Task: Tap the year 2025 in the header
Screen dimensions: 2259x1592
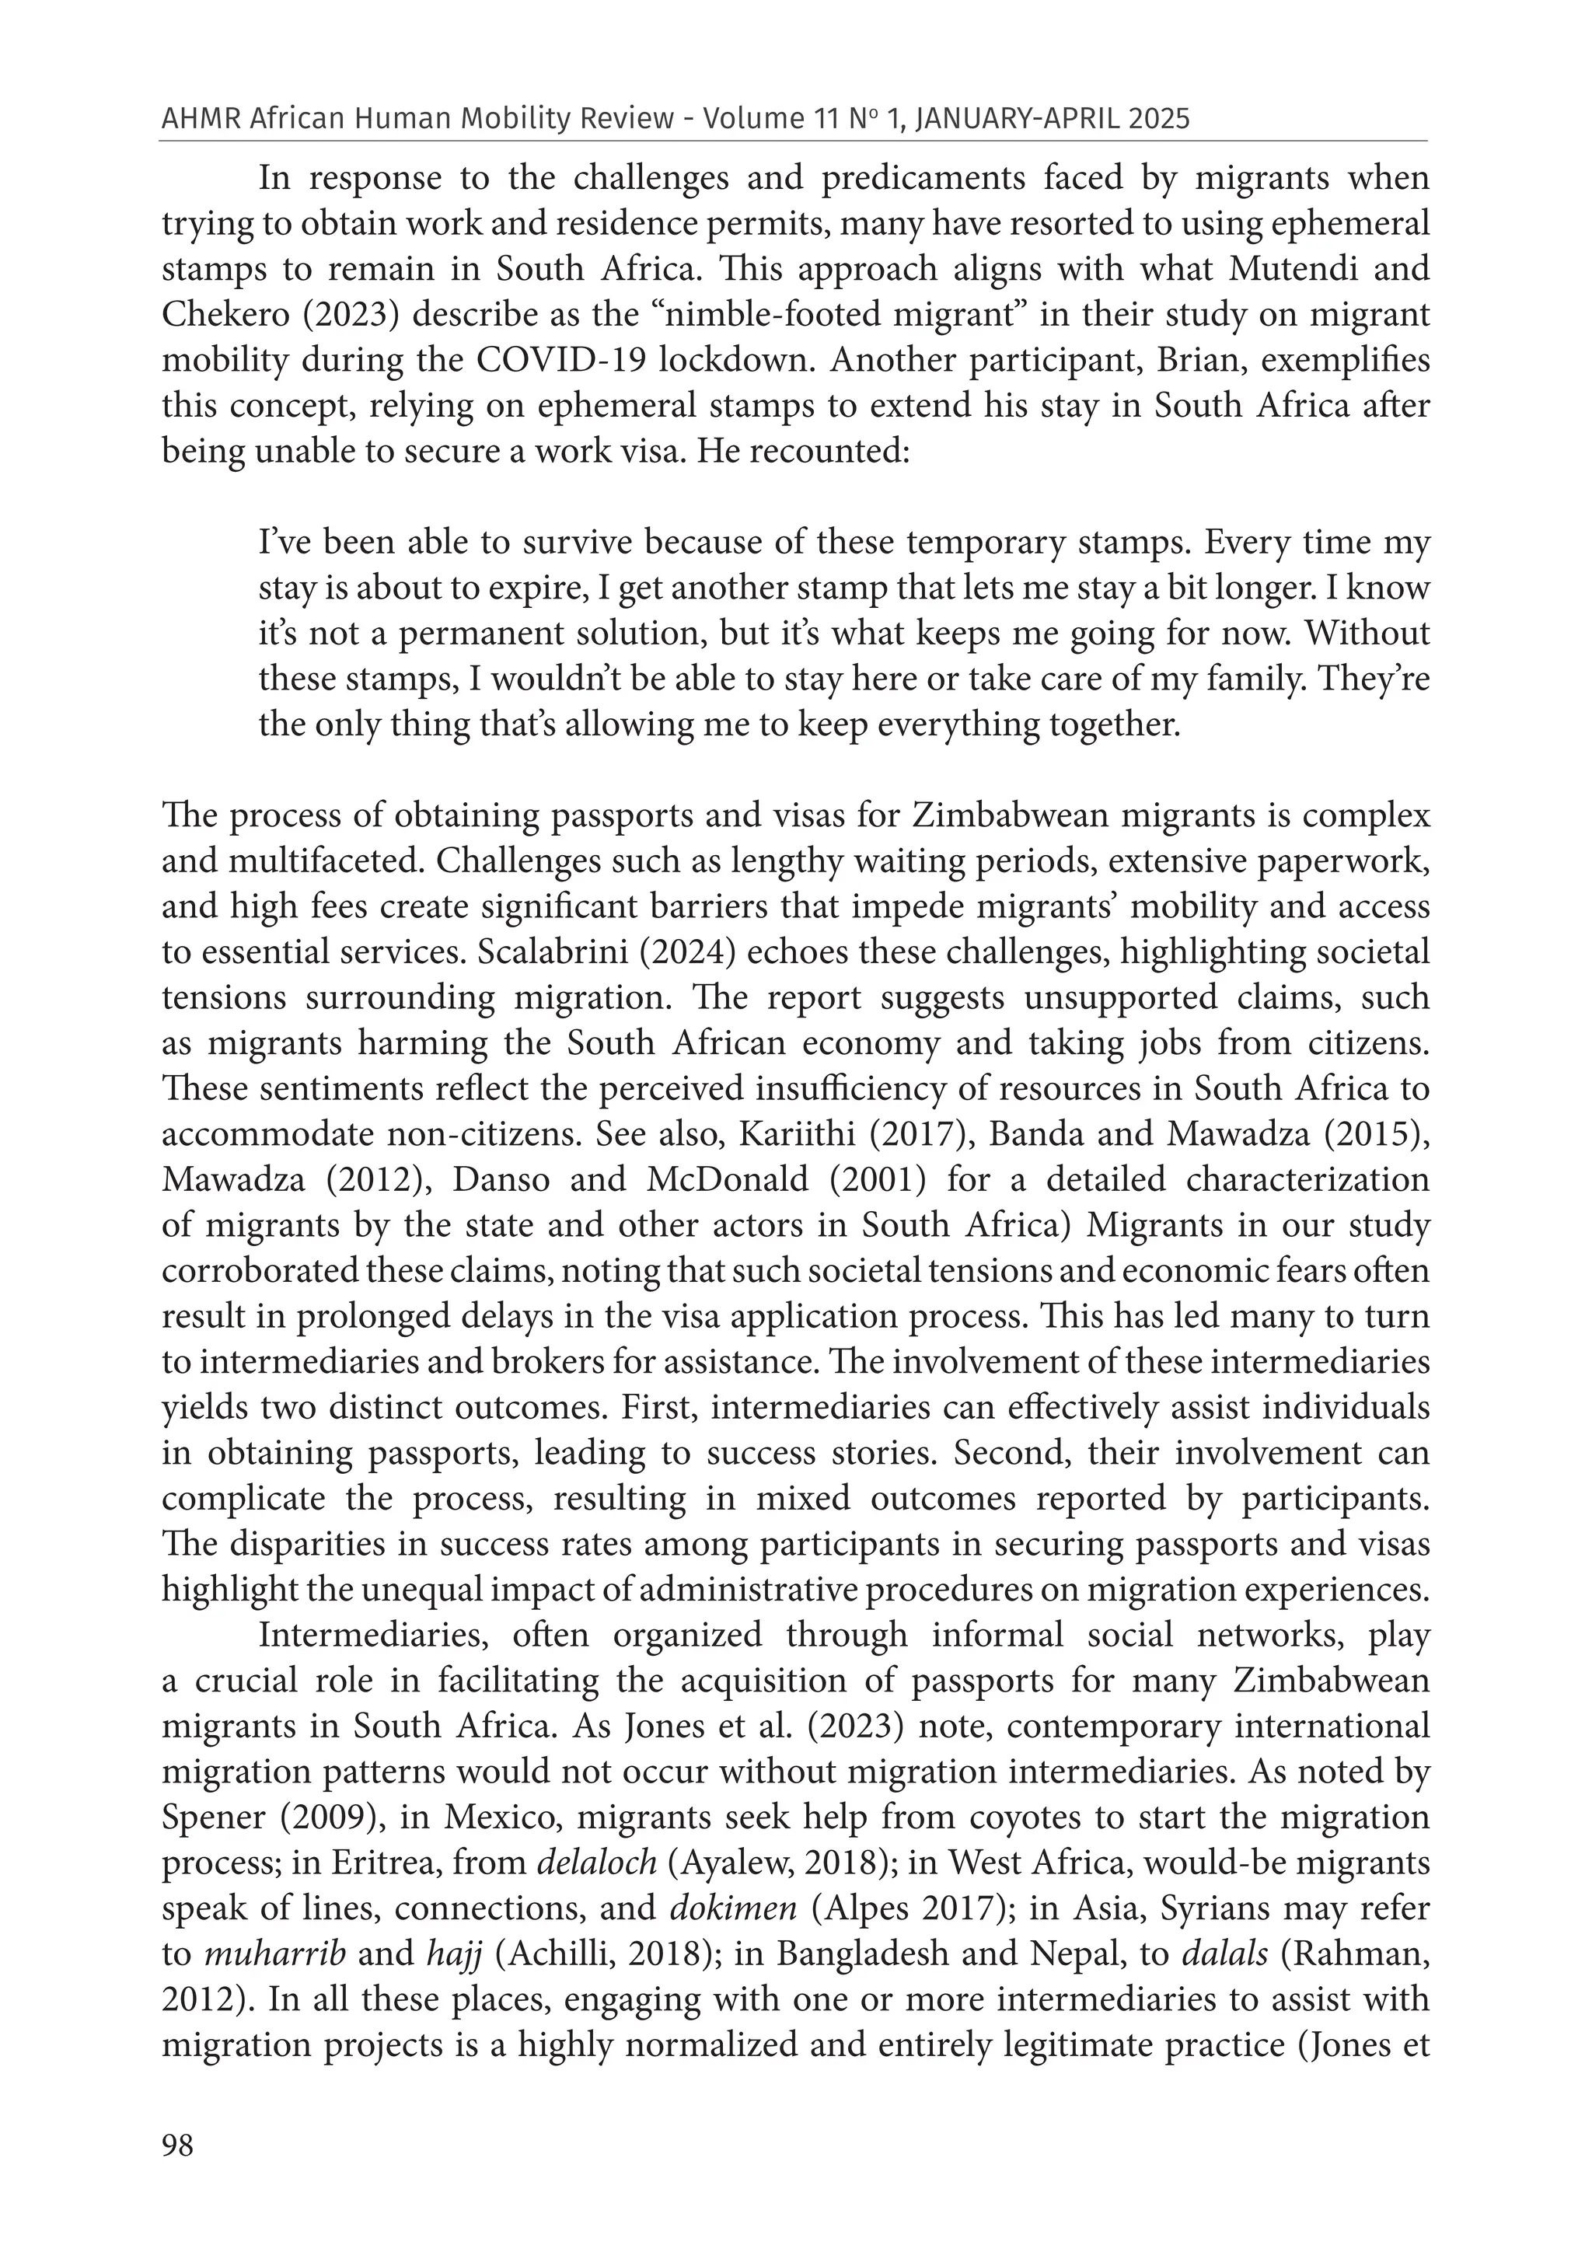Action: [x=1159, y=119]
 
